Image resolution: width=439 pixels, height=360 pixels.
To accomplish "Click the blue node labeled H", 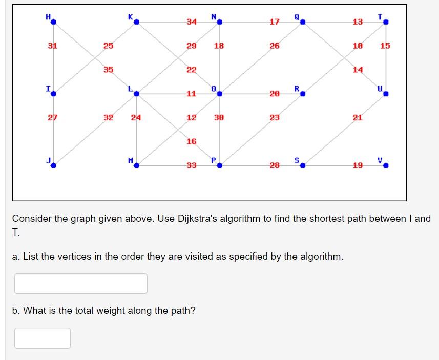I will click(x=53, y=22).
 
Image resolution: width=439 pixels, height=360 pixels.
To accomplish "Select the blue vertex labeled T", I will click(x=386, y=22).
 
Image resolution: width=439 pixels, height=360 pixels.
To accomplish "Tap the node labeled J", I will click(x=53, y=165).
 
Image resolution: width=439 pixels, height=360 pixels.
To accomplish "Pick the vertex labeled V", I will click(x=386, y=165).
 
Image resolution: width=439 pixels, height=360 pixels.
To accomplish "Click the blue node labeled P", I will click(x=219, y=165).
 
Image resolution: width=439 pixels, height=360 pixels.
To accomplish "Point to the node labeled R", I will click(x=302, y=94).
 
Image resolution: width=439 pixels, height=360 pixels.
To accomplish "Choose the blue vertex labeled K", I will click(x=136, y=22).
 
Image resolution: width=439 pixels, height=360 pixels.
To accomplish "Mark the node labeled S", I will click(x=302, y=165).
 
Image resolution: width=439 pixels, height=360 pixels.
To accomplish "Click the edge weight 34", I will click(x=191, y=22).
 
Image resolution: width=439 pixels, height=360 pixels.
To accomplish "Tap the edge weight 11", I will click(x=191, y=94).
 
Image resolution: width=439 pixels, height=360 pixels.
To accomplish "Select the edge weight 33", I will click(x=191, y=165).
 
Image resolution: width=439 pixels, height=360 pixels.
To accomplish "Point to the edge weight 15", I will click(x=385, y=46).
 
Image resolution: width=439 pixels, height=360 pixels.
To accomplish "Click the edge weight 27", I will click(x=52, y=117).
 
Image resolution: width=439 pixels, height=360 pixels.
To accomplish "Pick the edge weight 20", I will click(x=275, y=94).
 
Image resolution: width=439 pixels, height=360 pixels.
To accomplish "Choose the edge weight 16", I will click(x=191, y=141).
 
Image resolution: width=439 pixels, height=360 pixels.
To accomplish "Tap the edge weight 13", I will click(x=358, y=22).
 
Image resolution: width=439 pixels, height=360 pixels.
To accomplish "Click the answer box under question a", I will click(x=81, y=284).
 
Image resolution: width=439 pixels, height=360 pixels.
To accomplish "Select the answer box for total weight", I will click(x=43, y=338).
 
